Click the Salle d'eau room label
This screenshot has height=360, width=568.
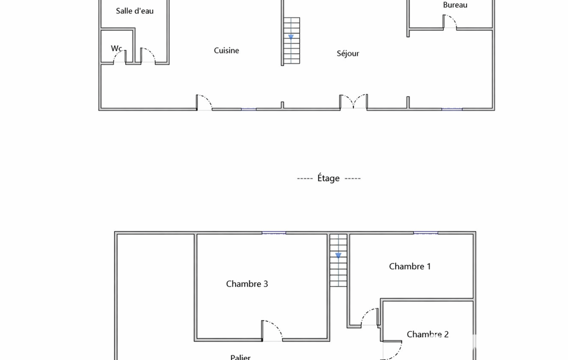pos(135,11)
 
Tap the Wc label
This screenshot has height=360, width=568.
pos(116,48)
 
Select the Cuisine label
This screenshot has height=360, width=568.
pos(227,50)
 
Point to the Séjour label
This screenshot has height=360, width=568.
pos(348,54)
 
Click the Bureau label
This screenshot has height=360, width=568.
pos(455,5)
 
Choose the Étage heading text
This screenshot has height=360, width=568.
pos(329,178)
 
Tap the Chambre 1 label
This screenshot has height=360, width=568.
pos(410,266)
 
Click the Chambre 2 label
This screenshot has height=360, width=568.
pos(427,335)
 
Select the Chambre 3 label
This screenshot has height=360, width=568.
pos(247,284)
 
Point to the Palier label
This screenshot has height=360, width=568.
pos(240,357)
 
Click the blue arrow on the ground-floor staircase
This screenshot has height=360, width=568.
pos(291,37)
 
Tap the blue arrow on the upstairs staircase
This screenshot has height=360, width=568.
pos(339,255)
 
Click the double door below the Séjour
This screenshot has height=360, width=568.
pos(354,101)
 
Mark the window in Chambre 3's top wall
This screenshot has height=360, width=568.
pos(274,233)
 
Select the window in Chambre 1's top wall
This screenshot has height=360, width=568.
pos(426,233)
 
